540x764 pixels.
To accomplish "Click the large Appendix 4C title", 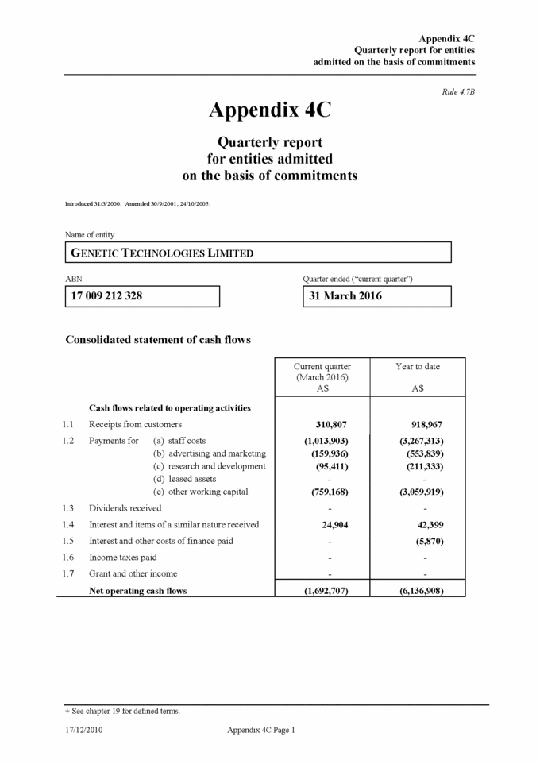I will click(x=269, y=110).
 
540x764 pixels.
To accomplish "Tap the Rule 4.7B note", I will click(x=458, y=92).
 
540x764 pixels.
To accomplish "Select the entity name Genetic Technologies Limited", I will click(x=163, y=253).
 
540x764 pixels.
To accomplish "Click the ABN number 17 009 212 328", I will click(x=107, y=296).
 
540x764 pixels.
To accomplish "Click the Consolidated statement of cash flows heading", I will click(x=158, y=340).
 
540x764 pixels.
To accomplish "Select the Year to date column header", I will click(x=418, y=367).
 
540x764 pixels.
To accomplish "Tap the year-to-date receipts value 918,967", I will click(x=425, y=424).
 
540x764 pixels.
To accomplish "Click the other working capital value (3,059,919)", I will click(x=422, y=492).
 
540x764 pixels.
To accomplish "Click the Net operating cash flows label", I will click(x=138, y=590).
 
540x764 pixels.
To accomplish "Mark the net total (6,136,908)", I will click(x=422, y=590).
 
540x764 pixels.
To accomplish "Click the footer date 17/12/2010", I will click(x=84, y=730).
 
